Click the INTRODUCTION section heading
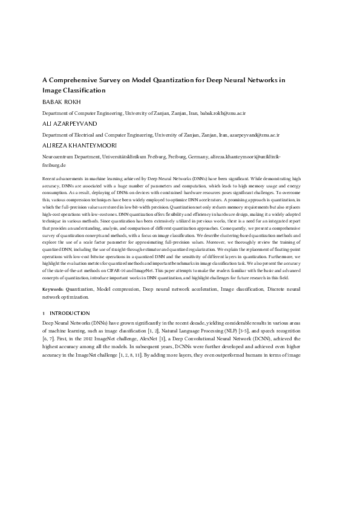(70, 313)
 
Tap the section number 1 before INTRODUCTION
(44, 313)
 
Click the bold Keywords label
(56, 290)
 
